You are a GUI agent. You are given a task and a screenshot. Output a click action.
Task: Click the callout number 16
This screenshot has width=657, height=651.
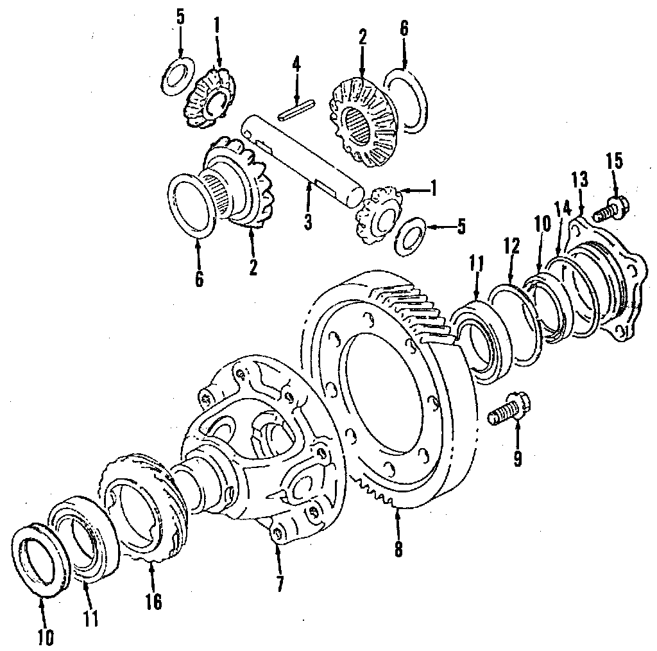pos(153,602)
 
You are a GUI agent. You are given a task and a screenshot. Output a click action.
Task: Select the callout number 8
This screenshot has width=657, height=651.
pos(398,549)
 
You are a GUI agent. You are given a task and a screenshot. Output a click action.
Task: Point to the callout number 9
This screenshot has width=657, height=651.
pos(517,458)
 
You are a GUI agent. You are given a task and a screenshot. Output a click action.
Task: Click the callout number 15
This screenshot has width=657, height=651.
pos(614,161)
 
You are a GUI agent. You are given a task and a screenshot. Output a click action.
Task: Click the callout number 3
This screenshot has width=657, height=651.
pos(308,221)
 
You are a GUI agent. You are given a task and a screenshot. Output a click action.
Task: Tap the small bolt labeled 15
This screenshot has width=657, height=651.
pos(611,207)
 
